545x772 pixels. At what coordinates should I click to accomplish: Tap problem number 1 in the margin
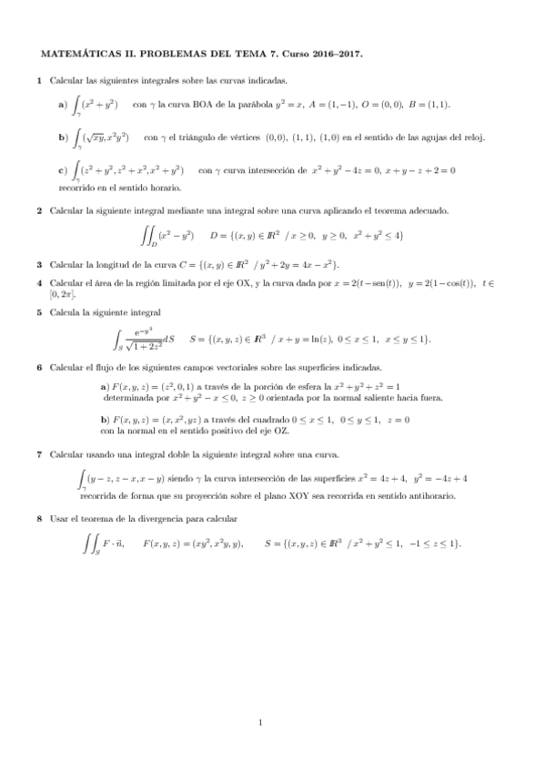pos(39,81)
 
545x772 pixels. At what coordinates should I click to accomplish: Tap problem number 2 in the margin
pos(39,211)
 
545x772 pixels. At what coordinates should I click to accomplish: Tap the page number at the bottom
pos(260,724)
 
